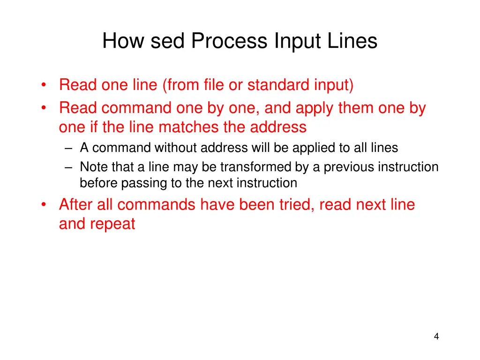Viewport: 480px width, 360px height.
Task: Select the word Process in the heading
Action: (x=230, y=41)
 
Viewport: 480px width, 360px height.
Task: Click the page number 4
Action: (x=436, y=336)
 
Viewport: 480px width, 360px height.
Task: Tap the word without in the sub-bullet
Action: (x=176, y=148)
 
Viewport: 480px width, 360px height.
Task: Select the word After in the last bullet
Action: (x=76, y=205)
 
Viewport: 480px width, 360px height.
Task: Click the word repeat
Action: (x=113, y=224)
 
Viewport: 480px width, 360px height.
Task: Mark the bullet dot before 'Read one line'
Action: (x=44, y=86)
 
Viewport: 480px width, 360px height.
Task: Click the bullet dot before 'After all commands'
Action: (x=44, y=205)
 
